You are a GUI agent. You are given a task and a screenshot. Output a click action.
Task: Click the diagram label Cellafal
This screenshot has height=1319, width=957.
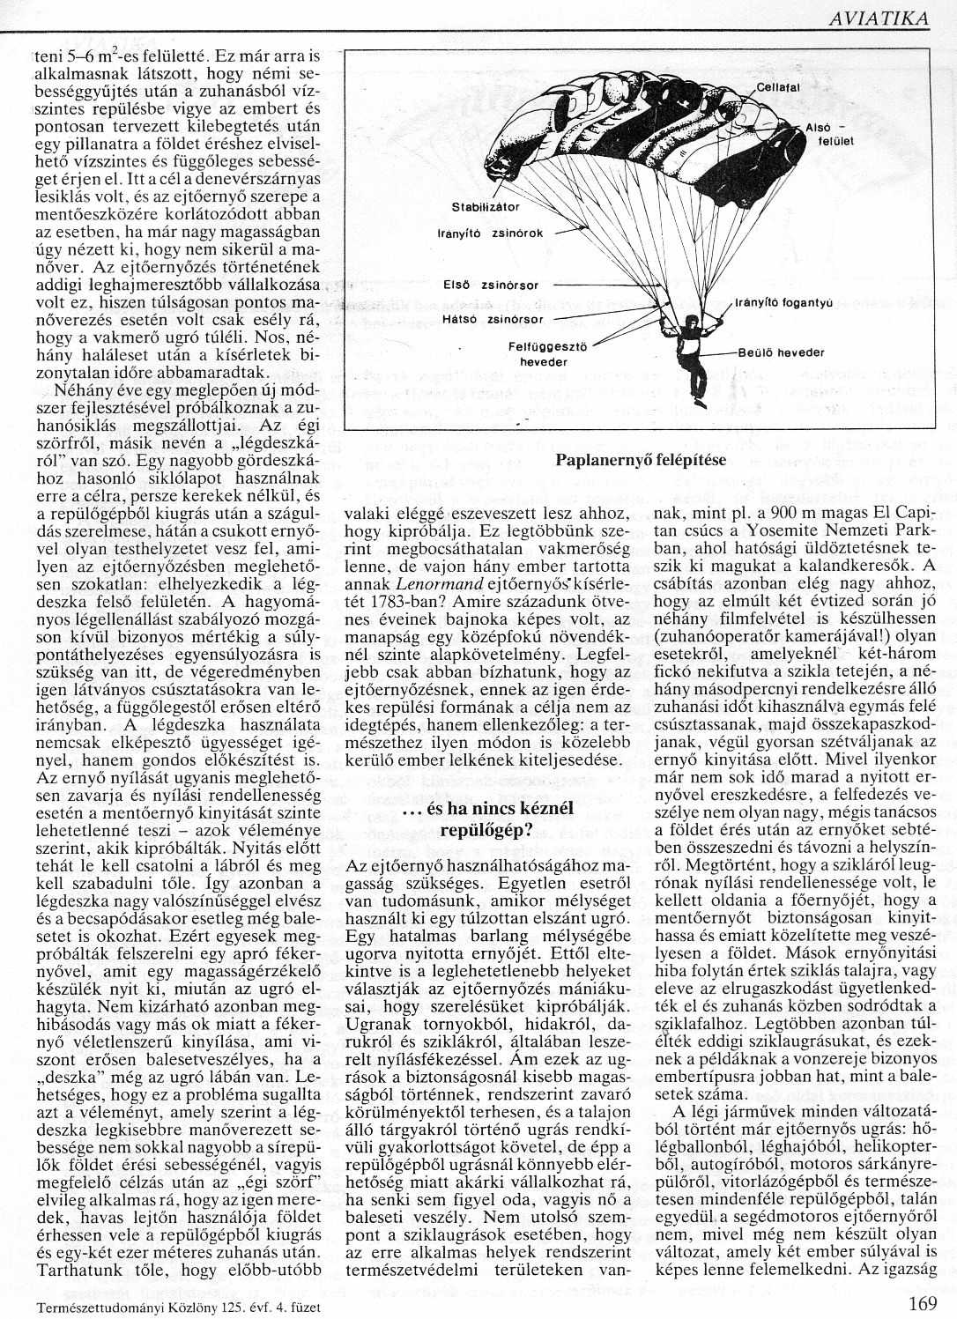pos(777,86)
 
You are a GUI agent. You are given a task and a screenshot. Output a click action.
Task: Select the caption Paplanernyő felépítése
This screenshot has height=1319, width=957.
pos(641,460)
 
